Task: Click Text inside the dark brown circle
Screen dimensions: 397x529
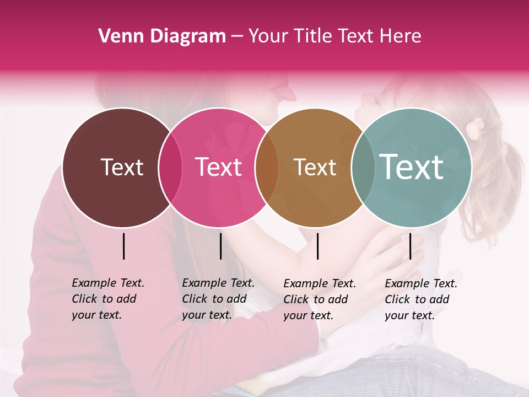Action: pos(122,167)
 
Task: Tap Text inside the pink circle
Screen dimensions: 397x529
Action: pos(218,167)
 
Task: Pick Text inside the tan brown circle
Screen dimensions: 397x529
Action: pos(315,167)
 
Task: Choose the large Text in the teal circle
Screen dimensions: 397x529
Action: pos(412,167)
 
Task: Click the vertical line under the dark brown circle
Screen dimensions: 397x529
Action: pos(123,246)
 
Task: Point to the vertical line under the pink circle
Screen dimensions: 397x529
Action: pos(220,246)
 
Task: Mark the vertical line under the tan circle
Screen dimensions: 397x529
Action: pos(317,246)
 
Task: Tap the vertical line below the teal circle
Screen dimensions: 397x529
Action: pos(410,246)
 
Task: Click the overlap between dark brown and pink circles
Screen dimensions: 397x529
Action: pos(170,168)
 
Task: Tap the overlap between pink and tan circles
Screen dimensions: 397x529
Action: pos(267,168)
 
